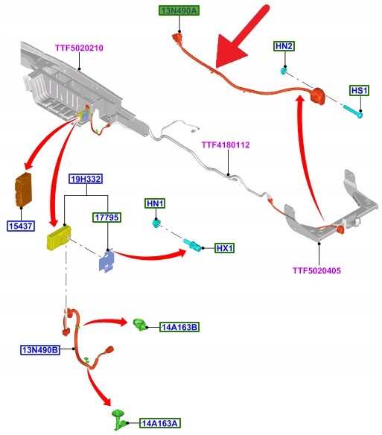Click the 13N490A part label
pyautogui.click(x=179, y=11)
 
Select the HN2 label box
pyautogui.click(x=284, y=45)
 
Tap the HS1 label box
pyautogui.click(x=359, y=90)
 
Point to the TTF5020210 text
pyautogui.click(x=79, y=48)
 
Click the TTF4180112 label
pyautogui.click(x=226, y=145)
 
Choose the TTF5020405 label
pyautogui.click(x=316, y=270)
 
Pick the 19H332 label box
pyautogui.click(x=86, y=179)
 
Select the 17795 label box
pyautogui.click(x=106, y=217)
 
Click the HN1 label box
pyautogui.click(x=155, y=203)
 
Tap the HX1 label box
pyautogui.click(x=224, y=248)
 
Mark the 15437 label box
pyautogui.click(x=21, y=226)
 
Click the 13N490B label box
pyautogui.click(x=40, y=350)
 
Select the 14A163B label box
pyautogui.click(x=179, y=327)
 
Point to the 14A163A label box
pyautogui.click(x=159, y=423)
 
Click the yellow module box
pyautogui.click(x=59, y=238)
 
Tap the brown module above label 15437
pyautogui.click(x=23, y=189)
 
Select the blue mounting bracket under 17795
pyautogui.click(x=106, y=261)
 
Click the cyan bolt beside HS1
pyautogui.click(x=353, y=112)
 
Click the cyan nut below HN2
pyautogui.click(x=283, y=72)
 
